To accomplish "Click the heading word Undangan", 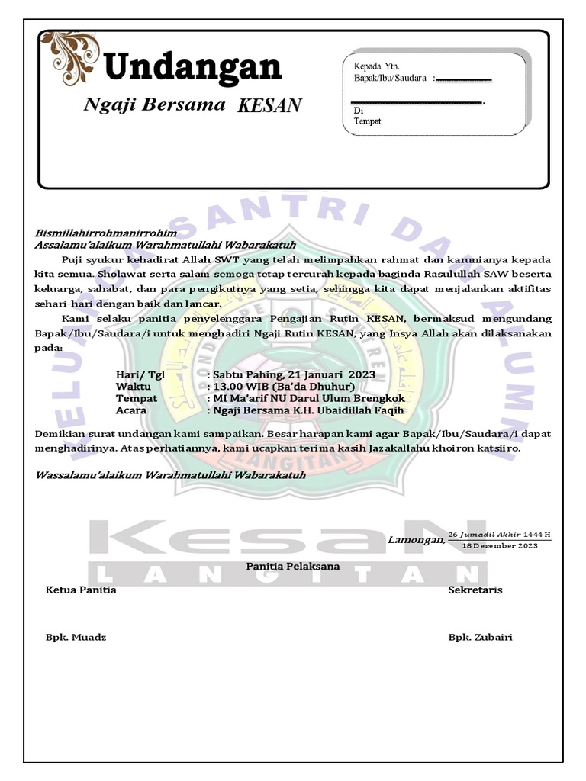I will click(x=192, y=68).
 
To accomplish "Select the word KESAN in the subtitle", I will click(x=269, y=105).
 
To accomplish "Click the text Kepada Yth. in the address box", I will click(x=377, y=66).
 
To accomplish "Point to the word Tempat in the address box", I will click(x=367, y=121).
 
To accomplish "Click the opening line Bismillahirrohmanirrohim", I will click(x=106, y=233).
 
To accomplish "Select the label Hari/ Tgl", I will click(x=140, y=375).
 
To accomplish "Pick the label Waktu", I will click(x=133, y=387).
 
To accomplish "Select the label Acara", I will click(x=130, y=410).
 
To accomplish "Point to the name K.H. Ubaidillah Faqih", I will click(x=356, y=410).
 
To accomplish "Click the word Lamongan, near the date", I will click(x=416, y=540).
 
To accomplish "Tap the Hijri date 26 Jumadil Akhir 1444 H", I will click(x=499, y=534).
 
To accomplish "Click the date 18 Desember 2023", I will click(x=500, y=545).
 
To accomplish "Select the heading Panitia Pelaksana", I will click(x=293, y=566).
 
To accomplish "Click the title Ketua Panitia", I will click(x=81, y=590).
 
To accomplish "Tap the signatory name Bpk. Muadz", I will click(x=76, y=637).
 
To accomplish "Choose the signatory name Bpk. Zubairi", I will click(x=480, y=637).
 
